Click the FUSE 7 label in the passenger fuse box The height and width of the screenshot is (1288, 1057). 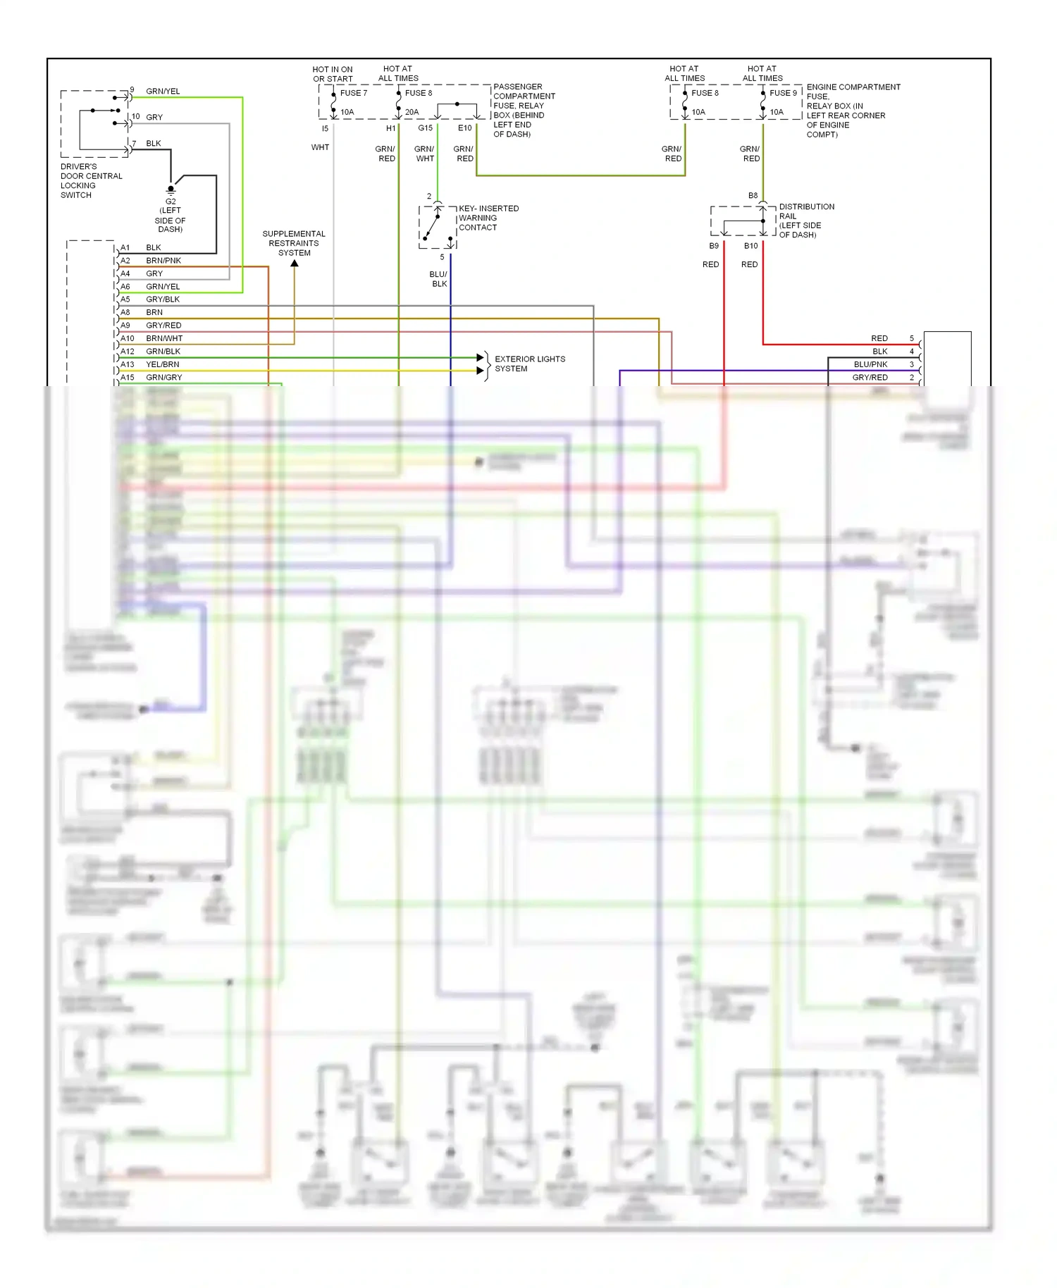(x=353, y=93)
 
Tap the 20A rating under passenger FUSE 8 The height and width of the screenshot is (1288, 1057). (x=412, y=112)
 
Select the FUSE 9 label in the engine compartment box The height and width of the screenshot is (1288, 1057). (x=783, y=93)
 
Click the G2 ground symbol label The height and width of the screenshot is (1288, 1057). (x=171, y=202)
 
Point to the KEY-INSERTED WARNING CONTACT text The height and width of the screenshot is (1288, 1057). (x=488, y=218)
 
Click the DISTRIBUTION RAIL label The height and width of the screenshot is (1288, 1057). (x=806, y=211)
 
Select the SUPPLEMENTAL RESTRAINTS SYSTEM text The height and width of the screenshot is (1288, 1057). (x=294, y=243)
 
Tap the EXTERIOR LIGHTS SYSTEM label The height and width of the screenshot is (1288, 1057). (x=529, y=364)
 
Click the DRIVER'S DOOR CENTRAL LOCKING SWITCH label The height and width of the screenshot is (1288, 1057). (x=91, y=181)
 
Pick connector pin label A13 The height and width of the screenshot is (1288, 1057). (x=127, y=364)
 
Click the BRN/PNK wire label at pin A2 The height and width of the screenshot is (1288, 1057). (x=163, y=261)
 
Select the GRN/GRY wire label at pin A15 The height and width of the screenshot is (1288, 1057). (x=163, y=378)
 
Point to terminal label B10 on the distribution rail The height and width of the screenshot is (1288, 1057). (x=750, y=246)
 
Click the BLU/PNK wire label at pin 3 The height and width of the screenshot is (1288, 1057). (x=870, y=364)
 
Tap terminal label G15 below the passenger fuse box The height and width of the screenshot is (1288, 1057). (x=425, y=128)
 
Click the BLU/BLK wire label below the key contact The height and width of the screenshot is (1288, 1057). (x=438, y=279)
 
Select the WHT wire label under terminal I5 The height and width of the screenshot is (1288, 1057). (x=320, y=147)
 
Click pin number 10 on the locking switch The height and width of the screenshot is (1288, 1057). (x=135, y=117)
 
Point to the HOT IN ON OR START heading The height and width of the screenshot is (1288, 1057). (x=333, y=74)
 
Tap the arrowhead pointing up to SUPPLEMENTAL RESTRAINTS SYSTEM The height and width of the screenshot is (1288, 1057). (x=295, y=264)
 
